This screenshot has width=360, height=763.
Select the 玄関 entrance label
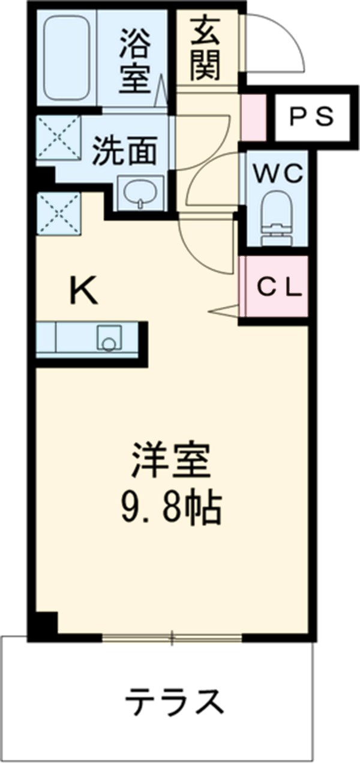(x=206, y=47)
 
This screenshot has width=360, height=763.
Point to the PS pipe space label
(x=311, y=116)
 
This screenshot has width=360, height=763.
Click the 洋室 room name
(x=172, y=460)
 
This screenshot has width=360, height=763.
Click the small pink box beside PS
(x=252, y=116)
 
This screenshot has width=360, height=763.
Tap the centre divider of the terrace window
(x=172, y=638)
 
